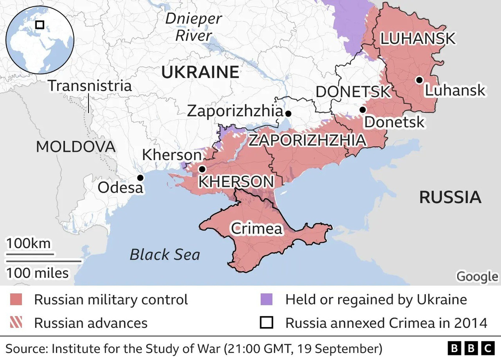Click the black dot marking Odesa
click(x=140, y=178)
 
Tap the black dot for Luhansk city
click(x=419, y=80)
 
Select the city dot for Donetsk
click(x=363, y=110)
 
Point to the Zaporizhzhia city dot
click(x=288, y=113)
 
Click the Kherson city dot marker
click(x=202, y=169)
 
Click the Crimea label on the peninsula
click(x=256, y=228)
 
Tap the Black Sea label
click(x=165, y=254)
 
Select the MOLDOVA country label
click(x=76, y=147)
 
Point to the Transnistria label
click(x=90, y=86)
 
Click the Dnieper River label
click(x=194, y=27)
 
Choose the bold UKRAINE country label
click(x=200, y=73)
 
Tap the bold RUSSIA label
click(x=450, y=197)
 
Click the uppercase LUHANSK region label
click(x=417, y=39)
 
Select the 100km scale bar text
click(x=28, y=243)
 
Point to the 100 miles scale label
click(x=37, y=273)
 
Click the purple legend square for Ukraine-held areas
click(x=266, y=300)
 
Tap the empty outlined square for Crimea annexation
click(x=266, y=323)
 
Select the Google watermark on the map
click(x=476, y=277)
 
